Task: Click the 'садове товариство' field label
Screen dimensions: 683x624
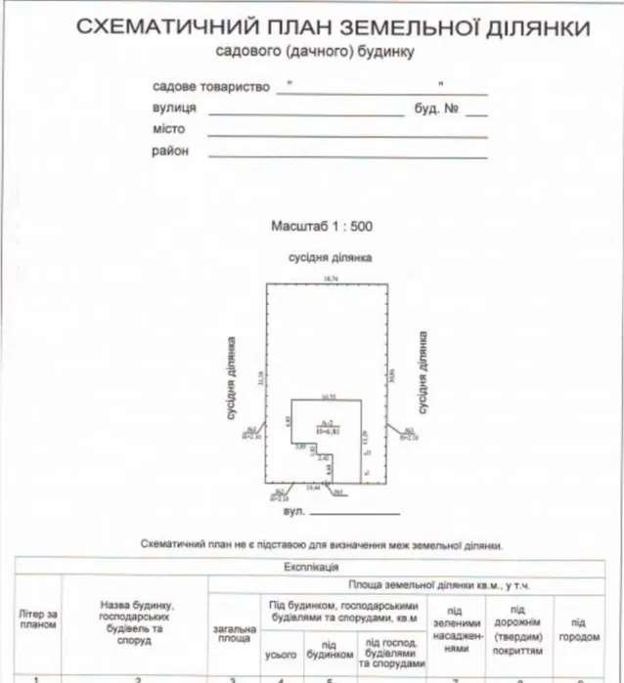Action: pyautogui.click(x=211, y=87)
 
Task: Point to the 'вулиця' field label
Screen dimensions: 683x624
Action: pyautogui.click(x=175, y=108)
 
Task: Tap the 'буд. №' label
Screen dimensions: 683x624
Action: pyautogui.click(x=437, y=108)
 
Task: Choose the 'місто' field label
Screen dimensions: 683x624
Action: pyautogui.click(x=169, y=129)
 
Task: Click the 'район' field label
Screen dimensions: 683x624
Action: pyautogui.click(x=170, y=150)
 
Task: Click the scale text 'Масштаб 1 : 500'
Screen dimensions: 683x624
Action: pyautogui.click(x=322, y=226)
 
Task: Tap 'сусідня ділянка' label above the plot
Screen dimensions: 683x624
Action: pyautogui.click(x=330, y=258)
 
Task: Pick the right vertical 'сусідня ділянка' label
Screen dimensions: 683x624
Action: pyautogui.click(x=423, y=374)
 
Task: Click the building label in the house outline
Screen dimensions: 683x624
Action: pyautogui.click(x=328, y=426)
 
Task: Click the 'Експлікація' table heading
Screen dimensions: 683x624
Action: pyautogui.click(x=312, y=566)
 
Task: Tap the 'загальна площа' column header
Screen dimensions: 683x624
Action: pyautogui.click(x=234, y=636)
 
